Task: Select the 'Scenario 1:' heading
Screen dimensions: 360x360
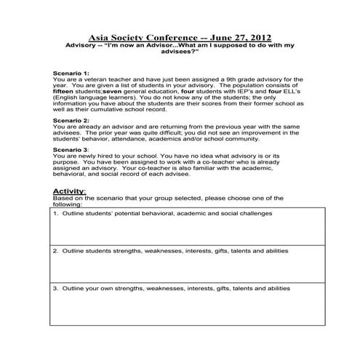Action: tap(71, 74)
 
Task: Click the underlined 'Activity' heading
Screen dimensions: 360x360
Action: tap(69, 191)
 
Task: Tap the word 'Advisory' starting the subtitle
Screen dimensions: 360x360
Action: tap(81, 44)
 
